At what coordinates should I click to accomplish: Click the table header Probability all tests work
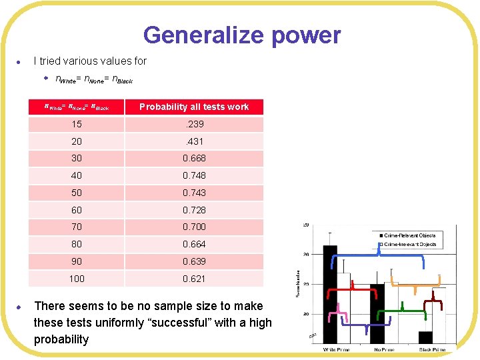coord(194,107)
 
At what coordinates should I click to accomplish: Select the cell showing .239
coord(194,124)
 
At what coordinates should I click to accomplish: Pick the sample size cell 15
coord(77,124)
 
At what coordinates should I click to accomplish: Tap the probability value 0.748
coord(194,175)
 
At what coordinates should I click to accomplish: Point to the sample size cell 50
coord(77,193)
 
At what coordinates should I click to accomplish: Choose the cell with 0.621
coord(194,279)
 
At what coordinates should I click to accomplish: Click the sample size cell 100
coord(77,279)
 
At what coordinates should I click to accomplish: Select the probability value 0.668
coord(194,158)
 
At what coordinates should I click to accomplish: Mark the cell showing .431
coord(194,141)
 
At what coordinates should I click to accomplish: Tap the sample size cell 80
coord(77,244)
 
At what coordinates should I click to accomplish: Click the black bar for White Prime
coord(330,293)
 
